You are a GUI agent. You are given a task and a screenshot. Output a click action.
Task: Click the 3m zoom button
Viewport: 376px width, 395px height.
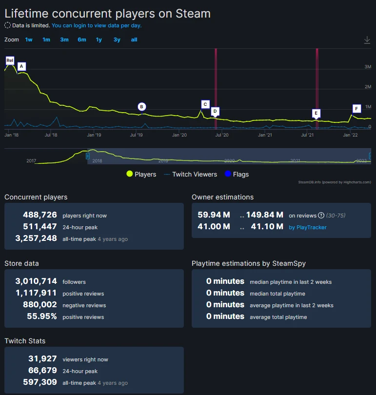coord(64,39)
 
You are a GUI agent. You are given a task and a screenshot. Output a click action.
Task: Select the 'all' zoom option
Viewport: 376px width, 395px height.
coord(134,39)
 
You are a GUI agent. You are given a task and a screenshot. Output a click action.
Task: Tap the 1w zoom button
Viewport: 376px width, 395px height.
coord(29,39)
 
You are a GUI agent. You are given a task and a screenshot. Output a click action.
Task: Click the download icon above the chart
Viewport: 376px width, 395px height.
coord(367,40)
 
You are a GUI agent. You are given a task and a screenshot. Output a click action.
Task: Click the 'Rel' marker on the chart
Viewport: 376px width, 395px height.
coord(10,60)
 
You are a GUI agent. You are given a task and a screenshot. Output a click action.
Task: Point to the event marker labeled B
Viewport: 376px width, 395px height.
coord(141,107)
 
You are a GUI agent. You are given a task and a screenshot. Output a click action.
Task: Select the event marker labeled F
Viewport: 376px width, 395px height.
coord(356,108)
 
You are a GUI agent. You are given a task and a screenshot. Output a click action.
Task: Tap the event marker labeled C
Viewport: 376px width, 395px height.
coord(205,104)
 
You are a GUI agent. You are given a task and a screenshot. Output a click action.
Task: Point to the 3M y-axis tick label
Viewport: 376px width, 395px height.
coord(368,67)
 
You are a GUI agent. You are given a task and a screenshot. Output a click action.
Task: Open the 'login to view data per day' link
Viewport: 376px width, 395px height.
coord(97,25)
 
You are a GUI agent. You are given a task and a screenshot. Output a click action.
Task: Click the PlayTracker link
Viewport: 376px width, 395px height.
coord(308,227)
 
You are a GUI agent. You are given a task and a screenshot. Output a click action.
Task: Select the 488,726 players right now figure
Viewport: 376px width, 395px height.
coord(40,215)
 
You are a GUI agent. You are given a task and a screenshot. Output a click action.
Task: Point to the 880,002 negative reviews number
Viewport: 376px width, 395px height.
coord(40,305)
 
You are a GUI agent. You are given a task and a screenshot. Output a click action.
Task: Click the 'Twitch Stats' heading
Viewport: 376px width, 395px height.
coord(25,341)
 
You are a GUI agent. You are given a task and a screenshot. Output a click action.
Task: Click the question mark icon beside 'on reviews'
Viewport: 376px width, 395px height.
coord(321,216)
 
